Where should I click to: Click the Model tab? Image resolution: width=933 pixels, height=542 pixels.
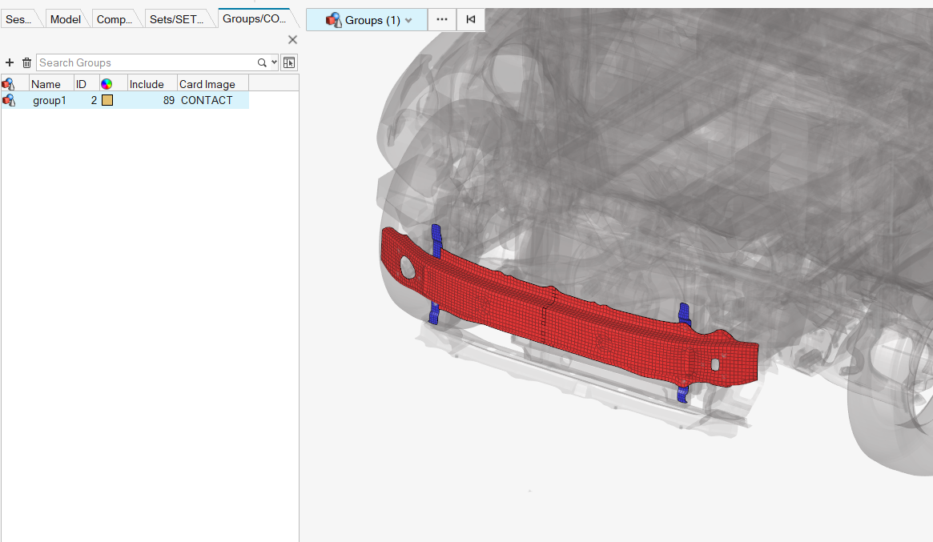tap(65, 19)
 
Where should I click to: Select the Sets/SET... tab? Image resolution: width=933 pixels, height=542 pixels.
tap(176, 19)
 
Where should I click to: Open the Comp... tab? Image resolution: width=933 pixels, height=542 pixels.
tap(115, 19)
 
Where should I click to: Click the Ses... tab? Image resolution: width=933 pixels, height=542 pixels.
tap(18, 19)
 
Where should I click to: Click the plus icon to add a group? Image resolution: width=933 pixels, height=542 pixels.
tap(10, 62)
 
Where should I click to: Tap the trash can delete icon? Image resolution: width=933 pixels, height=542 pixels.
tap(26, 62)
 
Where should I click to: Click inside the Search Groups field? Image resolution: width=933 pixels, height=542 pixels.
tap(146, 62)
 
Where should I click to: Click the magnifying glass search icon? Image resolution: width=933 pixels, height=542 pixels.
tap(262, 62)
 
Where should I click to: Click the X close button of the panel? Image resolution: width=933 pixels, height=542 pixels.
tap(292, 40)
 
